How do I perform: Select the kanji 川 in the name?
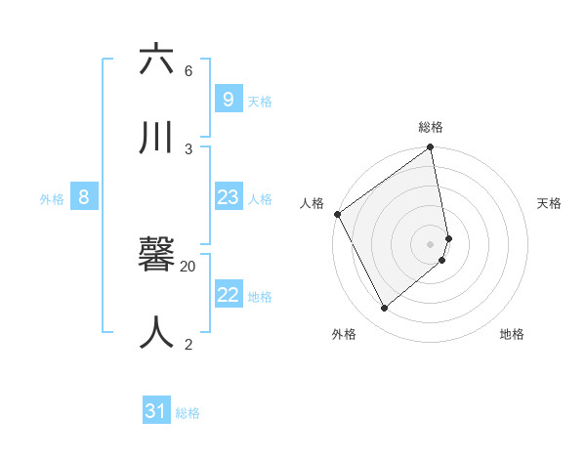pos(157,137)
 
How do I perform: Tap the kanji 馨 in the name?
pos(157,255)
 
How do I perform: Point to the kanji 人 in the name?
pos(157,332)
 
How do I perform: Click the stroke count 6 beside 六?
pos(188,71)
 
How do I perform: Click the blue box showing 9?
pos(228,99)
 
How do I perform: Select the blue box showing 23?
pos(228,197)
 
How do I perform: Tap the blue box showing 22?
pos(228,295)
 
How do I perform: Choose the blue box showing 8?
pos(84,197)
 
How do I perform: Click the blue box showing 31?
pos(156,412)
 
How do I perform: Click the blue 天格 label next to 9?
pos(260,101)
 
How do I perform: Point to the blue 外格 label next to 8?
pos(52,199)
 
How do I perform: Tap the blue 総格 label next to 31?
pos(188,414)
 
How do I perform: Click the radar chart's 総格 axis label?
pos(431,127)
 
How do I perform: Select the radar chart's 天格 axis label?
pos(550,203)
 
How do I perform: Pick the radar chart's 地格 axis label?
pos(512,334)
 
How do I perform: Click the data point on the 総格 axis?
pos(431,148)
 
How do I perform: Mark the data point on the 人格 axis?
pos(338,214)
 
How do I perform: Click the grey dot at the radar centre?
pos(431,244)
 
